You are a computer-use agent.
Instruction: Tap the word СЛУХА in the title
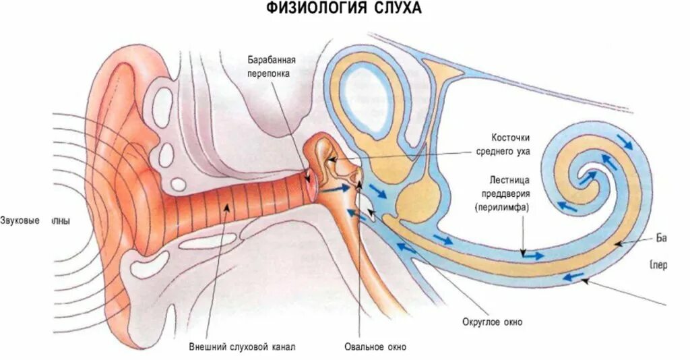(398, 8)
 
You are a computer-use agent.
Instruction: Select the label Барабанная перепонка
(272, 67)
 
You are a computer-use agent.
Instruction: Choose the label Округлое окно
(493, 322)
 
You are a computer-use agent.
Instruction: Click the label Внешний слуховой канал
(242, 347)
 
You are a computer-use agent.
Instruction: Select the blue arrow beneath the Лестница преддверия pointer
(534, 256)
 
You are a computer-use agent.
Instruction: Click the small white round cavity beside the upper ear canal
(179, 183)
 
